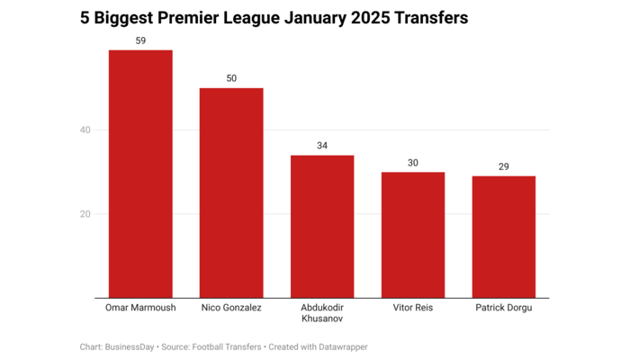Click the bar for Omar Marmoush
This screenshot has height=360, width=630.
click(140, 174)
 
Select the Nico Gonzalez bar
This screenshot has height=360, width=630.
click(231, 193)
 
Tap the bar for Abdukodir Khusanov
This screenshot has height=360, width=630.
click(322, 226)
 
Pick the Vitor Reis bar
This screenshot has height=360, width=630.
click(413, 235)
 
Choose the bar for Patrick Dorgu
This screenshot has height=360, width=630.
click(504, 237)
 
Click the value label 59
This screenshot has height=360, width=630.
click(140, 40)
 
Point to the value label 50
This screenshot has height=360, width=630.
click(231, 78)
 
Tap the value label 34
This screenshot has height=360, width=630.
click(322, 146)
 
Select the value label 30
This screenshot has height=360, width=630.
click(413, 162)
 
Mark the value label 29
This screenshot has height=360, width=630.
click(504, 166)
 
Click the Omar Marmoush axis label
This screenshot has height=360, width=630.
click(140, 308)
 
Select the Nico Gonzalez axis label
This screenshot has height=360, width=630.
click(231, 308)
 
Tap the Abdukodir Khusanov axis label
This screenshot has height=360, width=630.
click(322, 313)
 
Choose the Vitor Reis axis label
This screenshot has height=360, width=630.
click(413, 308)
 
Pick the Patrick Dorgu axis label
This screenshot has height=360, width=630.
click(504, 308)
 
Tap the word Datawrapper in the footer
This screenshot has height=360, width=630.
click(337, 346)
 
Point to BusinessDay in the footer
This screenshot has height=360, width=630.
click(130, 346)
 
